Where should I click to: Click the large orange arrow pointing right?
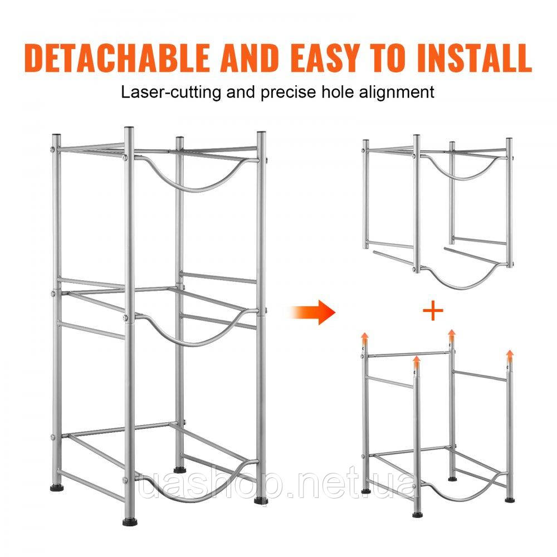click(x=312, y=312)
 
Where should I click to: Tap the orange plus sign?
click(x=433, y=311)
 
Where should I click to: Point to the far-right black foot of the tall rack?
click(x=260, y=501)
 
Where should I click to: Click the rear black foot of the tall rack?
click(x=180, y=469)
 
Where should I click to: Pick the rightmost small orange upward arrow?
click(x=510, y=355)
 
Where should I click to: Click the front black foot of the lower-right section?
click(x=418, y=515)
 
